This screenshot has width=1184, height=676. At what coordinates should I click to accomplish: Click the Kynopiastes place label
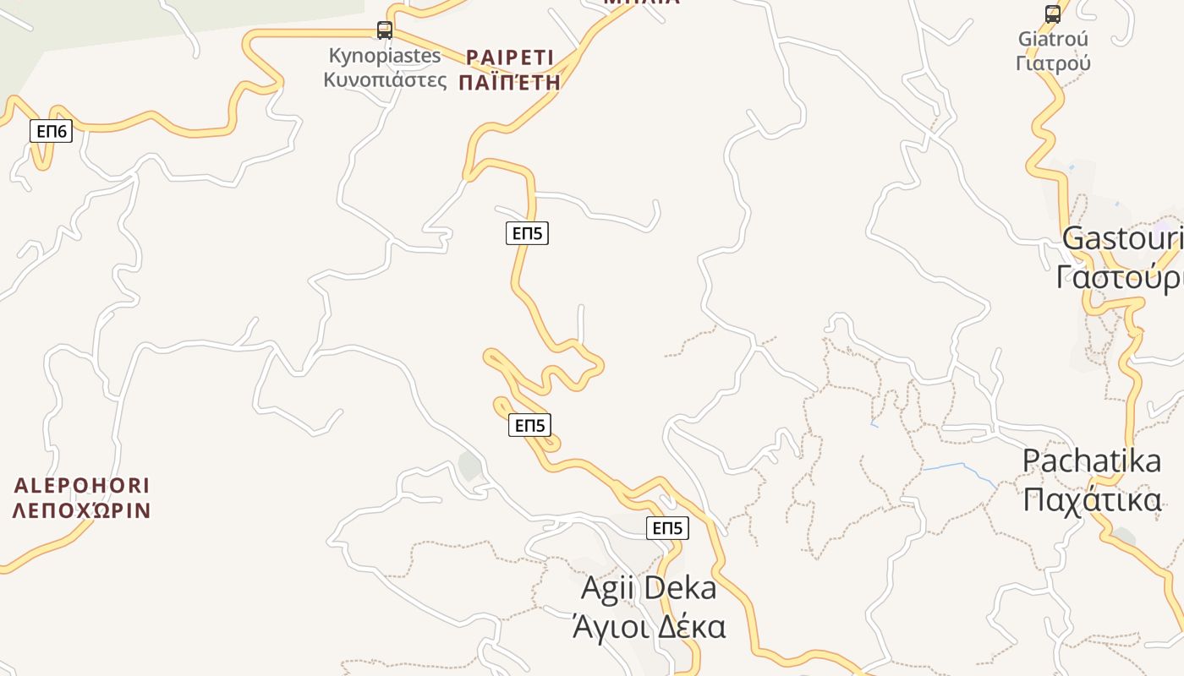385,57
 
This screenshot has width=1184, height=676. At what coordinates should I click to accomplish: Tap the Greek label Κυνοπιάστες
385,80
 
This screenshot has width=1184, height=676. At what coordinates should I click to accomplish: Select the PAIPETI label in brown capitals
510,57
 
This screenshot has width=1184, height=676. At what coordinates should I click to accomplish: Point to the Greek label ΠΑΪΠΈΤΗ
510,82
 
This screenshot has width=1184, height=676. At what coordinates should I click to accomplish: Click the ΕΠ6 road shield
52,131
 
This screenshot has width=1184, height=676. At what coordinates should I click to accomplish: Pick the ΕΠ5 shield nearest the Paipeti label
527,232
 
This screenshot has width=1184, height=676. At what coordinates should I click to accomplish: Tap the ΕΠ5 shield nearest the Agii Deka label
667,528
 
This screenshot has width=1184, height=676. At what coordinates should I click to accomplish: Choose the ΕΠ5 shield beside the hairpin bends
529,425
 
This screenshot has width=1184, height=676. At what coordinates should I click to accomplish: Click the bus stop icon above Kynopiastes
385,30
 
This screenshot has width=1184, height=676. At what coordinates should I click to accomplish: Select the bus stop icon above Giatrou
1053,14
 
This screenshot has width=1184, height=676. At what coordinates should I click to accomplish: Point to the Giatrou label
1053,39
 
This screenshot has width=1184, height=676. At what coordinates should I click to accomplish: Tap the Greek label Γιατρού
1053,63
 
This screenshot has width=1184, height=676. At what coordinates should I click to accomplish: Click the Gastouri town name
1122,238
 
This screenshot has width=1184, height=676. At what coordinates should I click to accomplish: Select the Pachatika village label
1092,461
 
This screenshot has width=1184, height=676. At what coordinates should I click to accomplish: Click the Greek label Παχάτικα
1092,499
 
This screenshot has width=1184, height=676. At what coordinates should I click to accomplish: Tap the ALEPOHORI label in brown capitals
82,486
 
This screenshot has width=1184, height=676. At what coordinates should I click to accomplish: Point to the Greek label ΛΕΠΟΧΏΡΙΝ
82,510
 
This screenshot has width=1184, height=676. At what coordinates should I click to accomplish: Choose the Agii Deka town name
649,588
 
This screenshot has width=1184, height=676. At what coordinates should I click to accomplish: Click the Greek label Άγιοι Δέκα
649,627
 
